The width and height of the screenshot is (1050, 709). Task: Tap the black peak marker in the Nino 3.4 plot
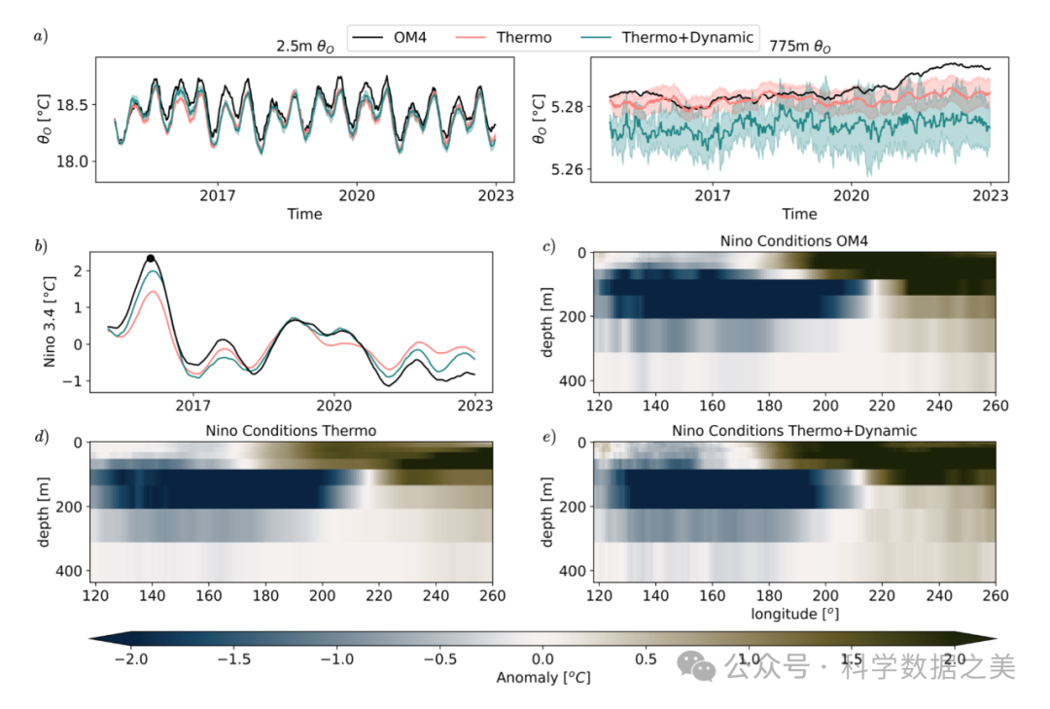[x=151, y=259]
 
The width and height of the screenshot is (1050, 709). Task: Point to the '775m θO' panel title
[x=800, y=45]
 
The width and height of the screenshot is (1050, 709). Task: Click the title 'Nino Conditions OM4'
[x=793, y=240]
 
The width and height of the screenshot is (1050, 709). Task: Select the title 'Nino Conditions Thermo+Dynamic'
[x=793, y=430]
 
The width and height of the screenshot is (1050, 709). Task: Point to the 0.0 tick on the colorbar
[x=542, y=659]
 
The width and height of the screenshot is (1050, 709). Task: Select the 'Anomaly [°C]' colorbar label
[x=542, y=677]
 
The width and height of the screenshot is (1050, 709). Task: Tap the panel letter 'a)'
[x=40, y=37]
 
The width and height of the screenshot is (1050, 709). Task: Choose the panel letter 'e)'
[x=549, y=437]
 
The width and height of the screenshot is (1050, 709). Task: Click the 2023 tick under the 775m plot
[x=990, y=195]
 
